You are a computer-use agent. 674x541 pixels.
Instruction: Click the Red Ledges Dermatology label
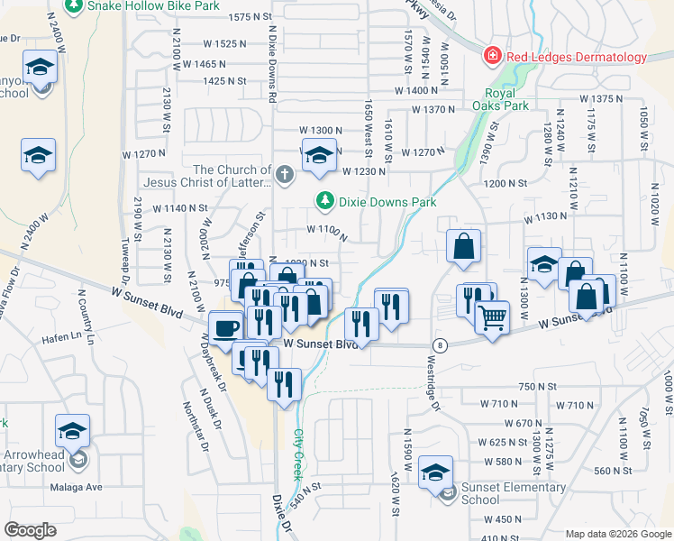tap(577, 57)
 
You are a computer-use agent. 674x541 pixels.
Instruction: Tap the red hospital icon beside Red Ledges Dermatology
tap(493, 57)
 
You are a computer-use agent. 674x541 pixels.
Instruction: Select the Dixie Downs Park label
tap(387, 202)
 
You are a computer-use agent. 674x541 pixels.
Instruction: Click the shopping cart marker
tap(492, 317)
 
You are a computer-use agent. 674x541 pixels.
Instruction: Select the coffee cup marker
tap(225, 327)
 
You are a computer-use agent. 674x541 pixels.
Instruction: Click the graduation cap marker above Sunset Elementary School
tap(437, 472)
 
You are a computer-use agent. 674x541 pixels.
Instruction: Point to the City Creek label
tap(298, 454)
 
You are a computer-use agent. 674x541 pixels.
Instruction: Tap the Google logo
tap(31, 530)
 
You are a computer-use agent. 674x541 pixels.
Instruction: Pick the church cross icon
tap(285, 174)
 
